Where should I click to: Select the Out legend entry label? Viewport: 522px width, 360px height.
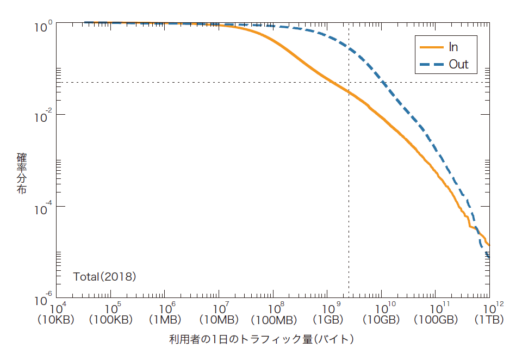pyautogui.click(x=458, y=65)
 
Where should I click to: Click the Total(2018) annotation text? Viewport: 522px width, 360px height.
pyautogui.click(x=104, y=276)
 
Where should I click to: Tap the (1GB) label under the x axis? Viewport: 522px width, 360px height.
pyautogui.click(x=326, y=320)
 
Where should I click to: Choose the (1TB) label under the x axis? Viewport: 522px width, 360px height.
pyautogui.click(x=488, y=320)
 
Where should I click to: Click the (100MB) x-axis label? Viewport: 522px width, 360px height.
pyautogui.click(x=272, y=320)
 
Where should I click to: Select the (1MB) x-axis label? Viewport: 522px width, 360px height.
pyautogui.click(x=164, y=320)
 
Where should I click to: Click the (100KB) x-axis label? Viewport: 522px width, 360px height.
pyautogui.click(x=110, y=320)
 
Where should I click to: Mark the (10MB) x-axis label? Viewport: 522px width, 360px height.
pyautogui.click(x=218, y=320)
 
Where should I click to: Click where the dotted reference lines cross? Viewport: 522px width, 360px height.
pyautogui.click(x=349, y=83)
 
